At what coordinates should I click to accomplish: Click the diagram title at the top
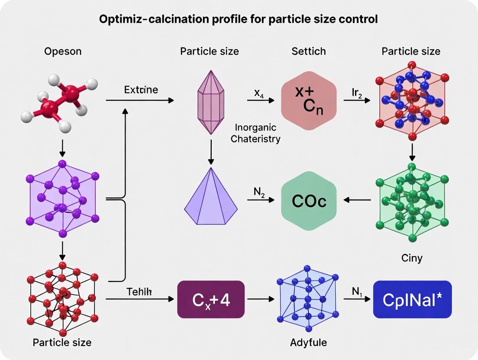pyautogui.click(x=238, y=19)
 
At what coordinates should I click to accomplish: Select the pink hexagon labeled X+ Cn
pyautogui.click(x=308, y=100)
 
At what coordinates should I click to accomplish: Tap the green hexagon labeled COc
pyautogui.click(x=309, y=201)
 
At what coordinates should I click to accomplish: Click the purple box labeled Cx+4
pyautogui.click(x=211, y=299)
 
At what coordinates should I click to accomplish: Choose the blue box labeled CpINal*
pyautogui.click(x=412, y=299)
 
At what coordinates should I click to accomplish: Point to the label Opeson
pyautogui.click(x=63, y=51)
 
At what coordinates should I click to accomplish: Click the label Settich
pyautogui.click(x=308, y=51)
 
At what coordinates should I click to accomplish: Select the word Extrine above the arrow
pyautogui.click(x=141, y=90)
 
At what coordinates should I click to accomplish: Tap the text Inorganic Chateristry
pyautogui.click(x=255, y=133)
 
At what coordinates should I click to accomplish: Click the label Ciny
pyautogui.click(x=411, y=258)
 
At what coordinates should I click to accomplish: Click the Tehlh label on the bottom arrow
pyautogui.click(x=139, y=291)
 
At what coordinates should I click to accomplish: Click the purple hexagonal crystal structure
pyautogui.click(x=62, y=199)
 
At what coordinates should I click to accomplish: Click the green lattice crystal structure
pyautogui.click(x=412, y=201)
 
